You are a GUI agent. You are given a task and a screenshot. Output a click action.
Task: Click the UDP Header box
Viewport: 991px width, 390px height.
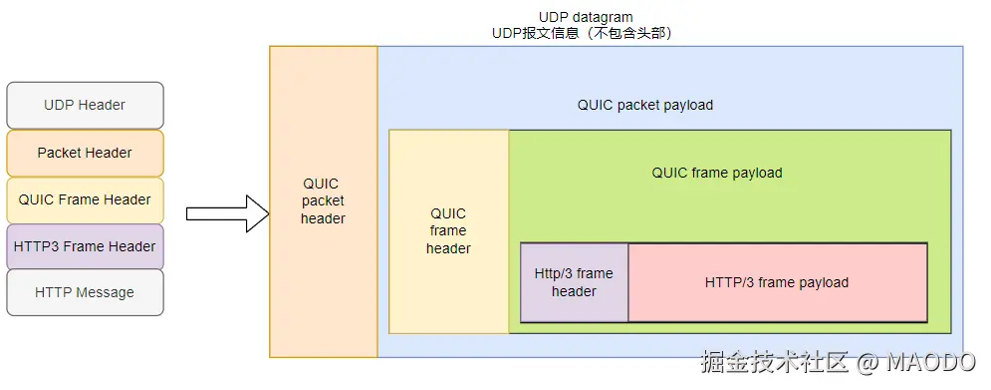[x=85, y=105]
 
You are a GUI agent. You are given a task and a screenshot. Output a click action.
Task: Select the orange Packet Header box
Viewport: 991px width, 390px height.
[x=85, y=154]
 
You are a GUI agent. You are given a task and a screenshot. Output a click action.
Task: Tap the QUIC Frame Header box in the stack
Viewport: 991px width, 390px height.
[x=85, y=200]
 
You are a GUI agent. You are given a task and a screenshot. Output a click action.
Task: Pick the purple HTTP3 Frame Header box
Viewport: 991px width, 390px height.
[x=85, y=246]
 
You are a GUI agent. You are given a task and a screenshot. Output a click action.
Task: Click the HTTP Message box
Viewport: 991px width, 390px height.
[x=85, y=292]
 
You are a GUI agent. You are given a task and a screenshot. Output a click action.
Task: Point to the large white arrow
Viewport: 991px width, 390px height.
[x=228, y=214]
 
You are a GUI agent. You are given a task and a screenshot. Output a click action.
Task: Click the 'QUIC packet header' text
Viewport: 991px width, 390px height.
[x=323, y=201]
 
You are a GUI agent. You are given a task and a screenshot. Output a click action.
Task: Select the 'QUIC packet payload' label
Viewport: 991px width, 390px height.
[x=644, y=105]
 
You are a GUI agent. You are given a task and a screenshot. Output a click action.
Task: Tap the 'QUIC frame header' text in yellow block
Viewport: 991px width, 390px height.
[x=448, y=231]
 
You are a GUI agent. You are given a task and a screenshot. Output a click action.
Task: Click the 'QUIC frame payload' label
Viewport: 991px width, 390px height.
[x=717, y=173]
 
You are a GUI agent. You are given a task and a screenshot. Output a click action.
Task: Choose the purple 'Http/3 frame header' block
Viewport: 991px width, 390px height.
[x=574, y=282]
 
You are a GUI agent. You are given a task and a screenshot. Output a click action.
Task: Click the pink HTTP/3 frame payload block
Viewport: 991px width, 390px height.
[x=778, y=282]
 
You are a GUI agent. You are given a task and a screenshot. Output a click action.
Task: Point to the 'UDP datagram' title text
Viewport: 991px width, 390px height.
[x=586, y=17]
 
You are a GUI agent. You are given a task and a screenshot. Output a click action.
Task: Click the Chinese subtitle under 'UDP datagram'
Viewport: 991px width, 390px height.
[x=582, y=33]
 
